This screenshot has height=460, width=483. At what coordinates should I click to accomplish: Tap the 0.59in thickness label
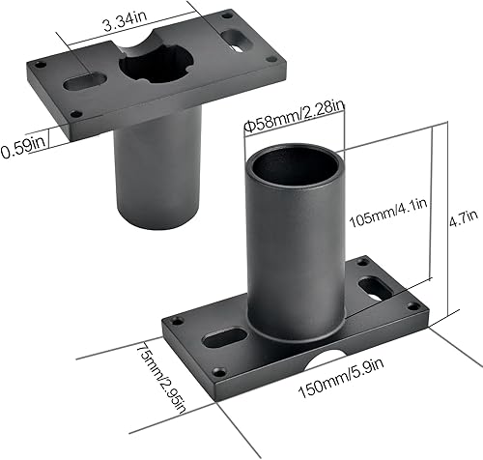(x=22, y=149)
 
